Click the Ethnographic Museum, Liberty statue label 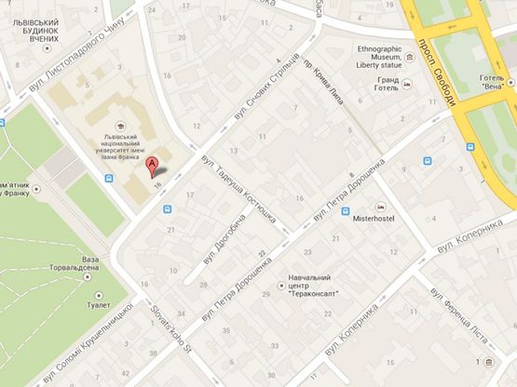click(x=386, y=55)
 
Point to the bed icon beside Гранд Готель click(x=409, y=87)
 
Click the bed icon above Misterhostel click(x=379, y=207)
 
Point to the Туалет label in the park click(x=97, y=304)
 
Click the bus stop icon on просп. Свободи click(x=428, y=162)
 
